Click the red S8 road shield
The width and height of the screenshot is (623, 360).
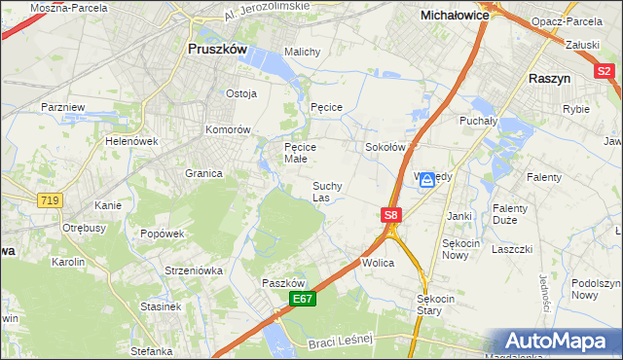390,214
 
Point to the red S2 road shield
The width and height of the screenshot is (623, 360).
605,71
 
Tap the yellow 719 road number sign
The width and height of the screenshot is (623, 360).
49,199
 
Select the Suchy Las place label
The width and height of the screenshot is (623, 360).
326,191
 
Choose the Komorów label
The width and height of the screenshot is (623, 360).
228,129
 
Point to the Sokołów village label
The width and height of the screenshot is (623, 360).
385,147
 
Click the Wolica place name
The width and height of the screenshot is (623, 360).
377,263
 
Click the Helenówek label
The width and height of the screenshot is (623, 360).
131,141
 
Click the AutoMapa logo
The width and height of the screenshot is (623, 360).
560,342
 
